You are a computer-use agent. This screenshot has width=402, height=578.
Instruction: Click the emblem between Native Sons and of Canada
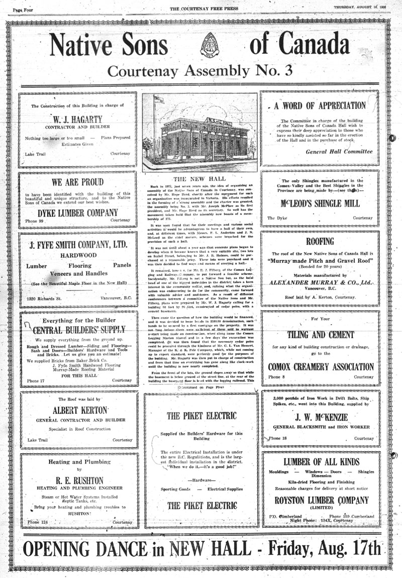tap(210, 45)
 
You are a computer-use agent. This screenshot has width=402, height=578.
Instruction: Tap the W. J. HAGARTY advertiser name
tap(77, 120)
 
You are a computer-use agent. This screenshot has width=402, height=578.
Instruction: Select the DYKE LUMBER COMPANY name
tap(77, 213)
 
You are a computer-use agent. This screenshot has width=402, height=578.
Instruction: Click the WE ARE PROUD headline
tap(77, 182)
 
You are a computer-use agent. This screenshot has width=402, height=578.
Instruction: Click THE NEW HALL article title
tap(199, 179)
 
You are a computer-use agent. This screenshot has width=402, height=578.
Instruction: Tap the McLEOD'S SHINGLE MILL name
tap(320, 204)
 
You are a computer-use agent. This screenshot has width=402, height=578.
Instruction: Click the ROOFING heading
tap(320, 241)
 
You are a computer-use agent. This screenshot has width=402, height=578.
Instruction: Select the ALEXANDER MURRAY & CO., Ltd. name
tap(320, 283)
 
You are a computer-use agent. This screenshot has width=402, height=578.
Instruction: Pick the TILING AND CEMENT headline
tap(320, 335)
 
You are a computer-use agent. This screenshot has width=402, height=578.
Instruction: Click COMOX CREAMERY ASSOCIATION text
tap(320, 366)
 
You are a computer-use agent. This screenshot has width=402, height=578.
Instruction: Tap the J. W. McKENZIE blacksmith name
tap(320, 416)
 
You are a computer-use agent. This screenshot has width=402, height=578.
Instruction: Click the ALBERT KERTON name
tap(77, 409)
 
